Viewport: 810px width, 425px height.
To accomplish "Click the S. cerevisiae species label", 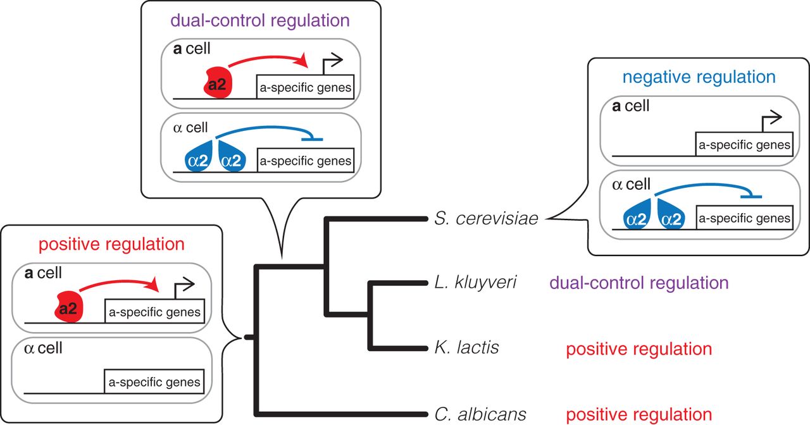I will [x=485, y=219].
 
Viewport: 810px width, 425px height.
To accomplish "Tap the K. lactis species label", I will [x=467, y=347].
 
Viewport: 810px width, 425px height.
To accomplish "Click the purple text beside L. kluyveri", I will [x=639, y=283].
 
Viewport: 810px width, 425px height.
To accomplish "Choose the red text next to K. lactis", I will [x=639, y=349].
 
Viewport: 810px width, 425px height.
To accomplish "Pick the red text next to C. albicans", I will [x=639, y=415].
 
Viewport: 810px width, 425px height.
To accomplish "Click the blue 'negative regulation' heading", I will [x=699, y=77].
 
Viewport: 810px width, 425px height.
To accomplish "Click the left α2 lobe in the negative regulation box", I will [x=637, y=218].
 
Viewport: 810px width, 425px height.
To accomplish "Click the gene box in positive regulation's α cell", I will [x=154, y=382].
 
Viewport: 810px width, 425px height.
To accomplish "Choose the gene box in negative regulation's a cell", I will [x=744, y=145].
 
